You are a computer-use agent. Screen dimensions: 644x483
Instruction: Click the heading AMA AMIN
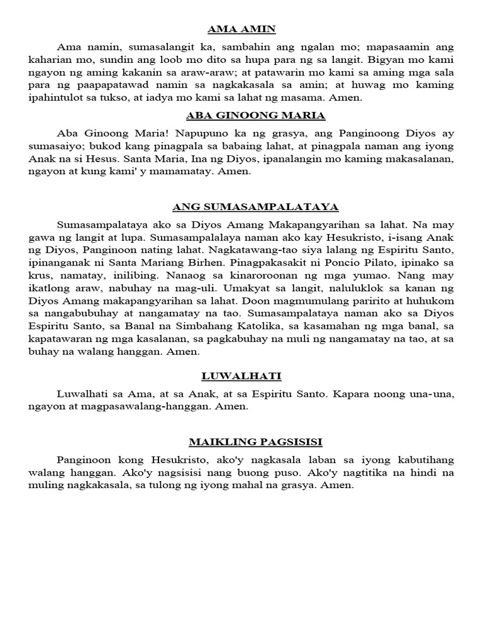coord(241,29)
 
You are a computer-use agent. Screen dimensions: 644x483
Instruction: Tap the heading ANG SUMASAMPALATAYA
coord(247,206)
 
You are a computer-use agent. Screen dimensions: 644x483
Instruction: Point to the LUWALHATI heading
coord(241,376)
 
